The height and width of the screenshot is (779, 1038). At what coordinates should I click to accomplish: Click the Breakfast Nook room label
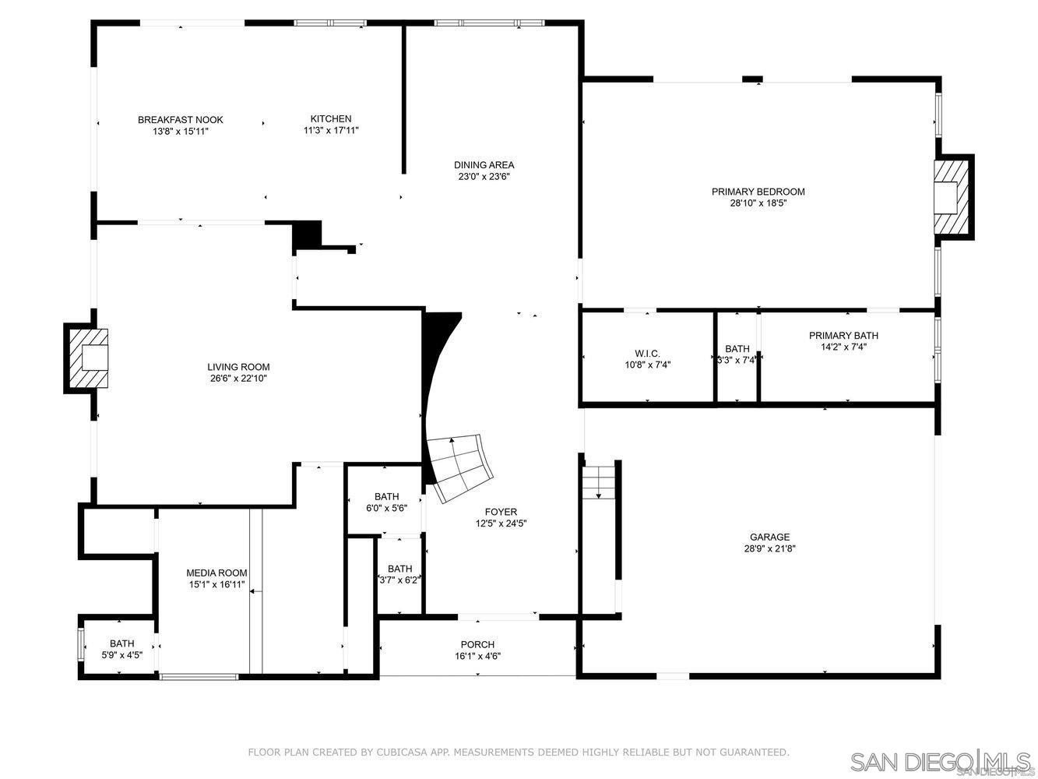click(181, 120)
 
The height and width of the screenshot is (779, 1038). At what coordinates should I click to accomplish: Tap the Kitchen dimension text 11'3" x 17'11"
click(331, 131)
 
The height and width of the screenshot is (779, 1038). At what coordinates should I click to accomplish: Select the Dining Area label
click(484, 165)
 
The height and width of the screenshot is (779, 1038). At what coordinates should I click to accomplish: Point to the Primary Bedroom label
click(758, 192)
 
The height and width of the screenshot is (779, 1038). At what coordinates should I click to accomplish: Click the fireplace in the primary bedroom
click(952, 196)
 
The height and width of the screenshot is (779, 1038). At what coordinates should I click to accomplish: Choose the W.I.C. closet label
click(647, 354)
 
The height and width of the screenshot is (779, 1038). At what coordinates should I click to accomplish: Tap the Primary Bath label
click(843, 336)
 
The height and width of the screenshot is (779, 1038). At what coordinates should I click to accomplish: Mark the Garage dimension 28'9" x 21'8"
click(769, 548)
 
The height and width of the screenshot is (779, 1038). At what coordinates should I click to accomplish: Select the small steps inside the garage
click(599, 481)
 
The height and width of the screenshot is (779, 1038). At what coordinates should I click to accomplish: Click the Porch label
click(477, 644)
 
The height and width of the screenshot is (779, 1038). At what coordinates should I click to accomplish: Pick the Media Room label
click(216, 573)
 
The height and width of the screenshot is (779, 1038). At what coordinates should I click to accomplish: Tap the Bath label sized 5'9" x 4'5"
click(121, 643)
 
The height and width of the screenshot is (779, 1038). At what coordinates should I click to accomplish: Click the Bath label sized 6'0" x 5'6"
click(386, 496)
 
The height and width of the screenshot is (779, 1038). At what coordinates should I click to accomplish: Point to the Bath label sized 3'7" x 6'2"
click(399, 569)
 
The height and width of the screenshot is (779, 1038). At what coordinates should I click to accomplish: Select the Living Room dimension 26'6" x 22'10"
click(238, 379)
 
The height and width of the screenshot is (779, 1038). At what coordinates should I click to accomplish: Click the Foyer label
click(501, 512)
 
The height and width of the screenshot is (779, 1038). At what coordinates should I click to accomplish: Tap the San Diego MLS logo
click(940, 760)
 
